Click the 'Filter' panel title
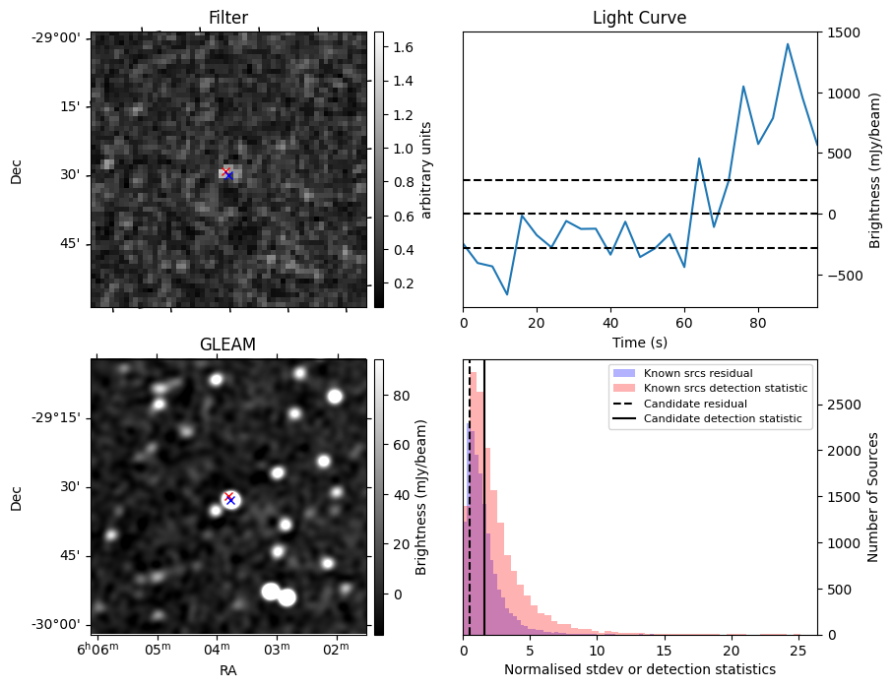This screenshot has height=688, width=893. click(227, 18)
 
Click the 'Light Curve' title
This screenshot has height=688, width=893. click(639, 18)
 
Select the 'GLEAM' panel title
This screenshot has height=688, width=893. click(227, 344)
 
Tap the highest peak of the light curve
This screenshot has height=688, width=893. click(788, 44)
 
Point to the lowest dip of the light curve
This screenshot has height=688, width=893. click(507, 294)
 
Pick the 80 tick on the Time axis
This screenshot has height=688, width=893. click(758, 322)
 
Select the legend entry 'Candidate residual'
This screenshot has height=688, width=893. click(689, 404)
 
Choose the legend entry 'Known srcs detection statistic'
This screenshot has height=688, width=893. click(726, 389)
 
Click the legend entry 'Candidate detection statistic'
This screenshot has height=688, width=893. click(722, 419)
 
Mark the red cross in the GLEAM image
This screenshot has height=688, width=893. click(228, 497)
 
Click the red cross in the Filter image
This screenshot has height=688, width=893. click(225, 172)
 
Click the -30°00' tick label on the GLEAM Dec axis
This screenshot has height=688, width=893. click(59, 625)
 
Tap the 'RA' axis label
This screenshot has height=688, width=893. click(227, 670)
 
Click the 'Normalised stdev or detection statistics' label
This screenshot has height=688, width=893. click(639, 669)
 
